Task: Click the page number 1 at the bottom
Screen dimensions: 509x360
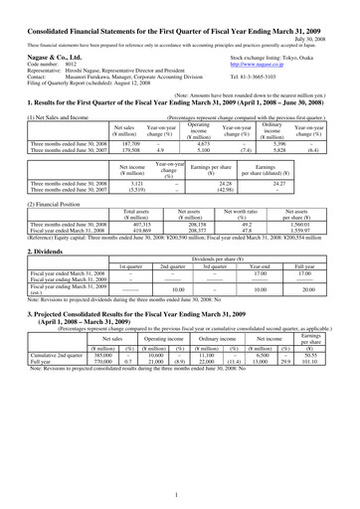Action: tap(179, 493)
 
